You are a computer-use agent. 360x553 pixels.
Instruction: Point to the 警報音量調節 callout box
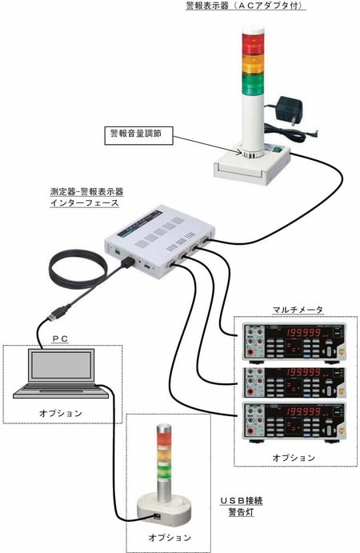138,133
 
